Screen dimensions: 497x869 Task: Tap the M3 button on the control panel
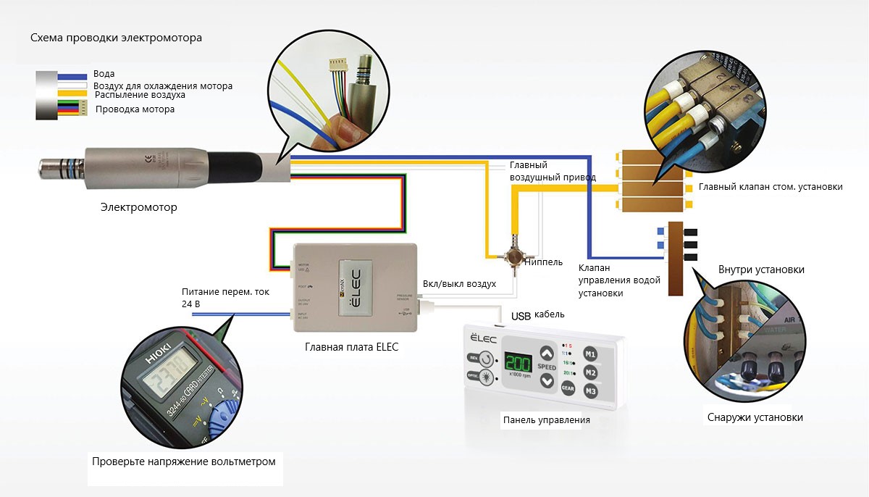click(x=591, y=392)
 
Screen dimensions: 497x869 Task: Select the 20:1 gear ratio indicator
click(x=568, y=373)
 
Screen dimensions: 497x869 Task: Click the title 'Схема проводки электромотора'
click(x=116, y=37)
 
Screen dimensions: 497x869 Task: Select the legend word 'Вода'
click(x=104, y=74)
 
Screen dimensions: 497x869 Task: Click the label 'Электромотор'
click(x=138, y=208)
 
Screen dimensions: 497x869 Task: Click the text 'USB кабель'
click(x=538, y=316)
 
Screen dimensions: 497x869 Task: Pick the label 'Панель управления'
click(x=546, y=419)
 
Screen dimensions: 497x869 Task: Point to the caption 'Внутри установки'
click(x=761, y=270)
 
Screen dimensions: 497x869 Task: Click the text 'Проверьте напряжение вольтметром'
click(x=184, y=461)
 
